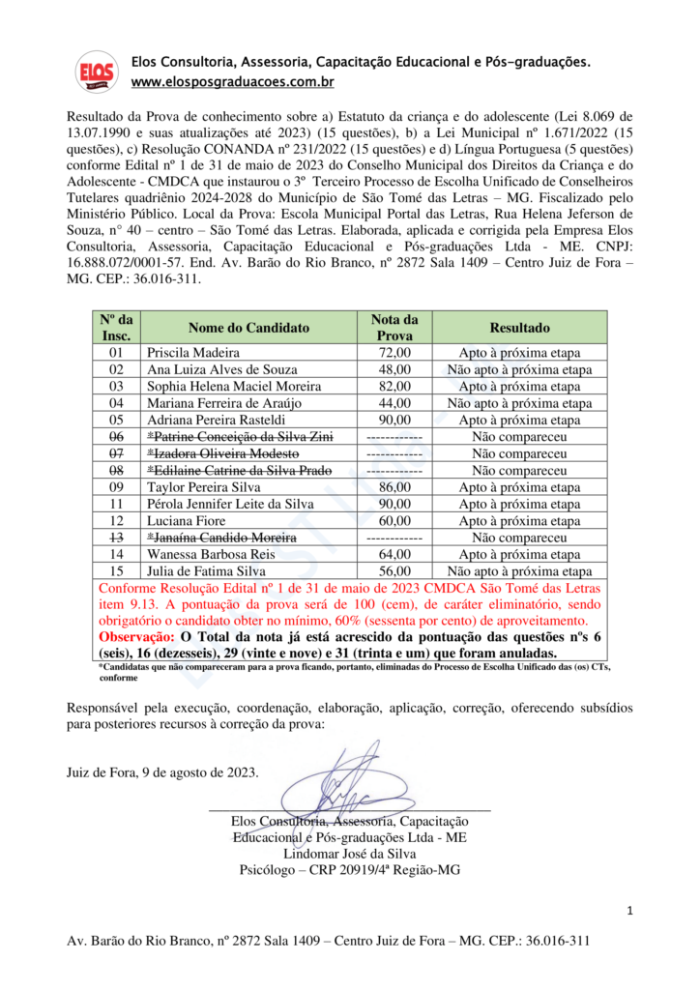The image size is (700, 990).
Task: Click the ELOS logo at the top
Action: pyautogui.click(x=97, y=72)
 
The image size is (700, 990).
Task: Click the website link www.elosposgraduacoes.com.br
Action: pyautogui.click(x=233, y=83)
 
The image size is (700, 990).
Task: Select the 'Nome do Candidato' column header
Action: pyautogui.click(x=248, y=327)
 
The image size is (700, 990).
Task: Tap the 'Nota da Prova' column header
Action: pyautogui.click(x=394, y=327)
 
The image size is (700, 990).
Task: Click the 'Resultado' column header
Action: pyautogui.click(x=519, y=327)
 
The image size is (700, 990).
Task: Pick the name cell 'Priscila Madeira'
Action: pyautogui.click(x=192, y=353)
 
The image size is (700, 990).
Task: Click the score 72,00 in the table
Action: pyautogui.click(x=394, y=353)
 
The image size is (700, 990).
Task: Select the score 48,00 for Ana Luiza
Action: pyautogui.click(x=394, y=369)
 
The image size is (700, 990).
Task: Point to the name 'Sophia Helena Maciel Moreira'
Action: pyautogui.click(x=234, y=387)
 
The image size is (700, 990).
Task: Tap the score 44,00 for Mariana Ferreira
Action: pyautogui.click(x=394, y=403)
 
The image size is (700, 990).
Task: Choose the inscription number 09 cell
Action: pyautogui.click(x=117, y=487)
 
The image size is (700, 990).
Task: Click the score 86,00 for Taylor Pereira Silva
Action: pyautogui.click(x=394, y=487)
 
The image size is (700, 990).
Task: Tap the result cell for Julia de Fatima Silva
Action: pyautogui.click(x=519, y=571)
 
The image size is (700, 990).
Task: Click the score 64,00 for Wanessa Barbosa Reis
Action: pyautogui.click(x=394, y=555)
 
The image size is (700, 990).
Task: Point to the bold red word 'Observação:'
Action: pyautogui.click(x=136, y=637)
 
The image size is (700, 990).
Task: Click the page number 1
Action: pyautogui.click(x=629, y=911)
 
